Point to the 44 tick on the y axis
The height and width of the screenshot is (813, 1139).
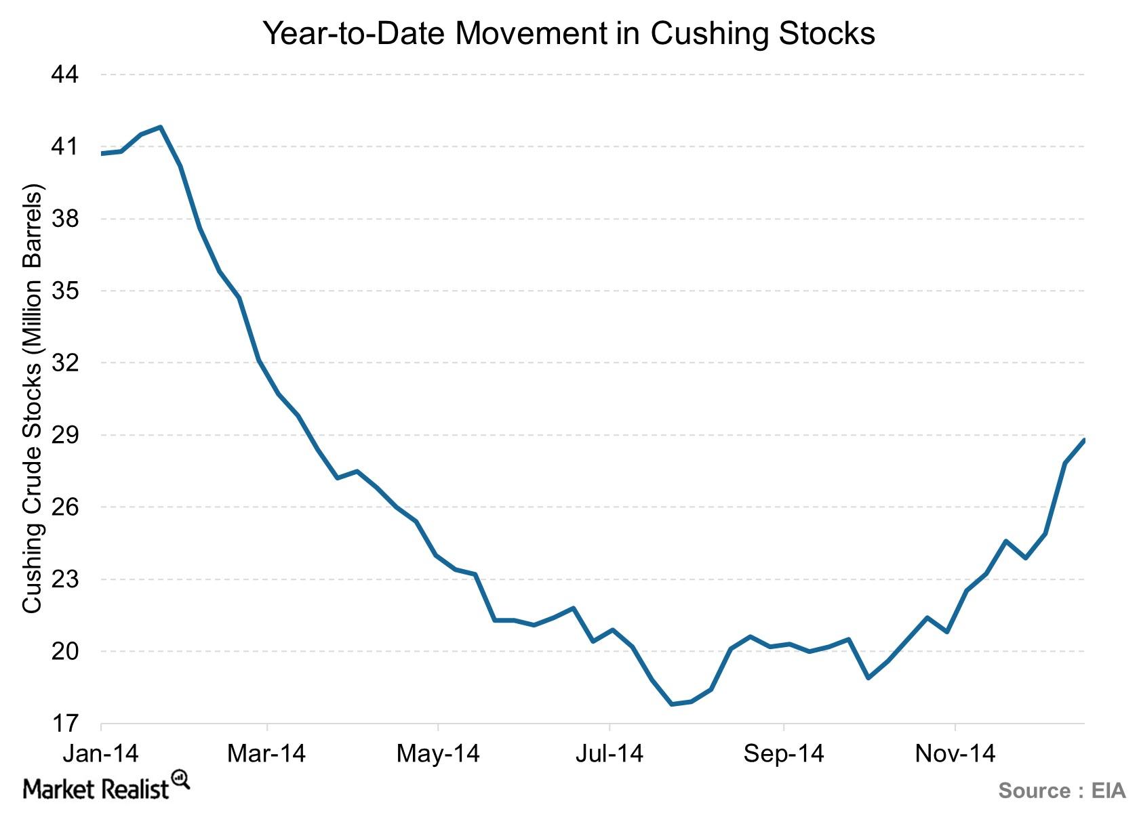[65, 75]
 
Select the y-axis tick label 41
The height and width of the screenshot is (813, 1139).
[65, 146]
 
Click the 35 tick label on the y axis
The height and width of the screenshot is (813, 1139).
[65, 291]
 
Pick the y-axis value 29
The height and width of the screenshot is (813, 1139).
[65, 435]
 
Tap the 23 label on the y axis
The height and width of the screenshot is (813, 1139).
[65, 579]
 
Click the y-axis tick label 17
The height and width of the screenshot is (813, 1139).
[65, 724]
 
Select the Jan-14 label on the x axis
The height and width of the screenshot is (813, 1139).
[100, 753]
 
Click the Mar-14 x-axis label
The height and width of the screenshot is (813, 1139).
[267, 753]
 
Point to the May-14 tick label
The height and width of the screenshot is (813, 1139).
[439, 753]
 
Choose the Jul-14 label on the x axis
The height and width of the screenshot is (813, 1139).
[610, 753]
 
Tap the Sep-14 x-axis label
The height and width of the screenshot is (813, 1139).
[784, 753]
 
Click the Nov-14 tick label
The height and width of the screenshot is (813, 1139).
[955, 753]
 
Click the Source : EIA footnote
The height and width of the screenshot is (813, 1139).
[1061, 791]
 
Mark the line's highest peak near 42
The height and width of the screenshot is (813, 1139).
[161, 127]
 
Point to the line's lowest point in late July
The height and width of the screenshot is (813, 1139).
[671, 705]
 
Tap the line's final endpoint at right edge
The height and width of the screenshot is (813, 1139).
[1083, 440]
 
